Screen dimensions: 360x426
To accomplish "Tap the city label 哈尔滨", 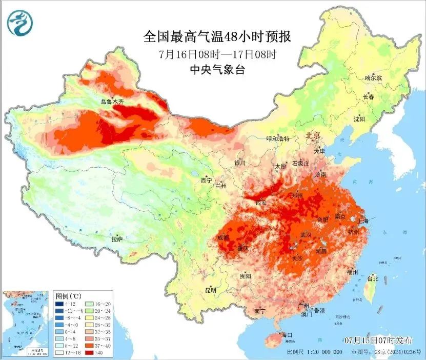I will point(373,78).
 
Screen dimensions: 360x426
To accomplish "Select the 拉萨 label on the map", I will point(117,238).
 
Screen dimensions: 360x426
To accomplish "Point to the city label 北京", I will point(312,135).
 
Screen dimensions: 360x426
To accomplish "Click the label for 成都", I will point(224,237).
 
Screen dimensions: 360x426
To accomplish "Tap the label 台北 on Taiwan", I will point(372,278).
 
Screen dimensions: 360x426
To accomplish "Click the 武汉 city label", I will point(306,234).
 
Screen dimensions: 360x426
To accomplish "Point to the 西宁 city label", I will point(206,180).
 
